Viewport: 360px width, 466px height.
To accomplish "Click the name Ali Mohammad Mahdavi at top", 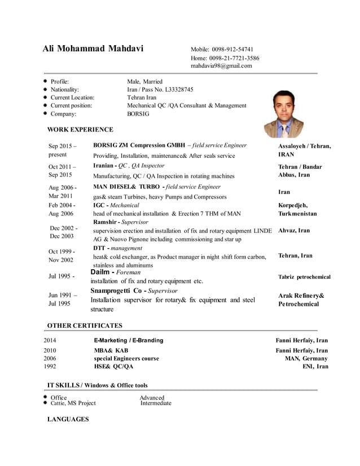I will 93,49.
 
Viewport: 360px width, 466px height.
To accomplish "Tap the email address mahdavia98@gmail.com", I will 221,66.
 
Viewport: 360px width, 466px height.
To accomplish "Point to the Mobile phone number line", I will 222,49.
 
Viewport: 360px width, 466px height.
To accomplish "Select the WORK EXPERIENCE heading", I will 80,130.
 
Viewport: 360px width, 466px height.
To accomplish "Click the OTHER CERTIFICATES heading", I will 85,326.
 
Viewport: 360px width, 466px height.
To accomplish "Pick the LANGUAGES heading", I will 68,419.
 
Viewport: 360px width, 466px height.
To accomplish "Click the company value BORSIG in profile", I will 138,113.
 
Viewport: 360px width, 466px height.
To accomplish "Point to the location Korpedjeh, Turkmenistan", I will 297,210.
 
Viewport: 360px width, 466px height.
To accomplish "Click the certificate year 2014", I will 50,341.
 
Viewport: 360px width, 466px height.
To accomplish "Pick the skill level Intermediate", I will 156,403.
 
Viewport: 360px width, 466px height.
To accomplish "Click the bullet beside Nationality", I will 45,90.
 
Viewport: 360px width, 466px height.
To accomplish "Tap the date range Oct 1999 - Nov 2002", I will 61,256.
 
